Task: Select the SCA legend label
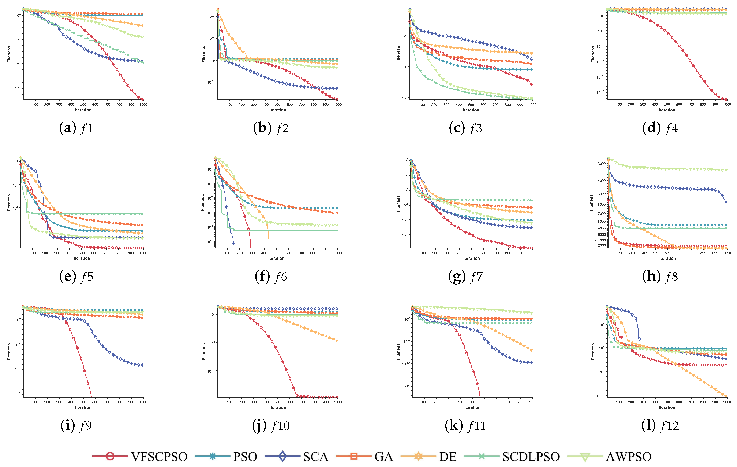[x=316, y=457]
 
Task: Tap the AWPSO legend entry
[x=628, y=457]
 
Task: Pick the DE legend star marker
[x=418, y=457]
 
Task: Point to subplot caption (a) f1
[x=76, y=128]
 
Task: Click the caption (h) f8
[x=660, y=277]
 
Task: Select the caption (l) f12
[x=660, y=426]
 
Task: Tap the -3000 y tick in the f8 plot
[x=601, y=164]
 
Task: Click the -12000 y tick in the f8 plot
[x=600, y=245]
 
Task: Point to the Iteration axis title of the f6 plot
[x=276, y=258]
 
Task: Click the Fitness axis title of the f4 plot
[x=593, y=54]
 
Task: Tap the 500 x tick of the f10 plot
[x=278, y=402]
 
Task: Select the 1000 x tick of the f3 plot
[x=532, y=105]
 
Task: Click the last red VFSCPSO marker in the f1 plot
[x=142, y=99]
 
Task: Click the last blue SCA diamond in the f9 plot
[x=142, y=365]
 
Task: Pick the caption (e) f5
[x=76, y=277]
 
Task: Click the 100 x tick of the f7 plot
[x=423, y=253]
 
